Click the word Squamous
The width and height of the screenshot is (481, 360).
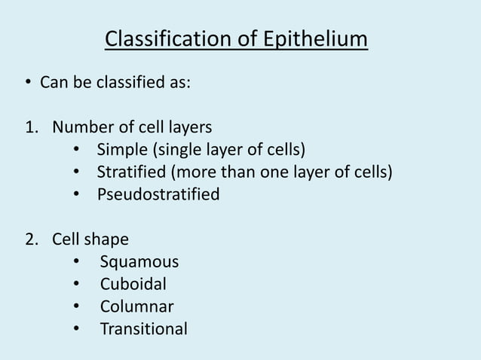[x=139, y=262]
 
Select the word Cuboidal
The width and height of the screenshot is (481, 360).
[x=133, y=285]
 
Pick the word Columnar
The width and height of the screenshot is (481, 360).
[x=136, y=307]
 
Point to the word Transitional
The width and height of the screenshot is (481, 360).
[x=143, y=329]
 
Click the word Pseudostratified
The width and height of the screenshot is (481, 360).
[x=158, y=194]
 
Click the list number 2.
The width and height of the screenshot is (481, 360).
[x=30, y=239]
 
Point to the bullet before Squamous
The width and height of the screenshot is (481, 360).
[x=78, y=262]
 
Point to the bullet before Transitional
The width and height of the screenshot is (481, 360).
[x=78, y=329]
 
